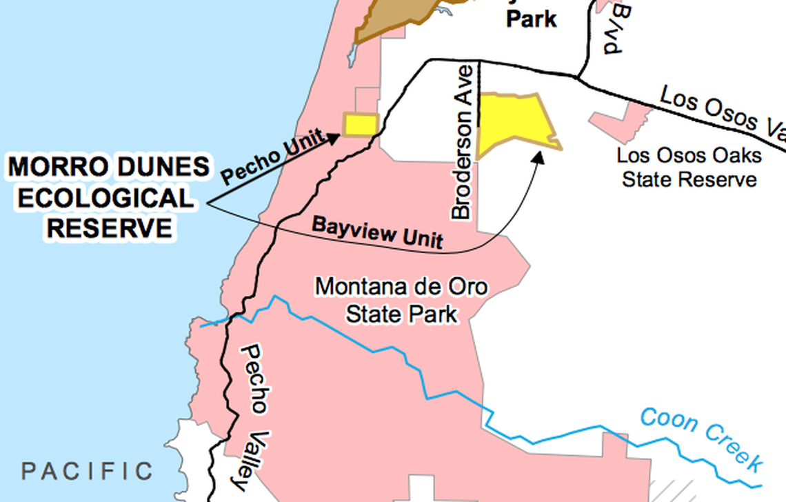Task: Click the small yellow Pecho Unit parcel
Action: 361,125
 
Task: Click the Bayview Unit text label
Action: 377,232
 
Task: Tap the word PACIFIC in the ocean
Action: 87,472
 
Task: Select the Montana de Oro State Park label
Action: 401,300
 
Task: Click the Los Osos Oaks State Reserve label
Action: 689,167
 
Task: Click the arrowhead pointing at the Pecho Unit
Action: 334,138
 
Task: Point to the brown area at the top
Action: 386,21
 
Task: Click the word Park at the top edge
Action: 531,19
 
